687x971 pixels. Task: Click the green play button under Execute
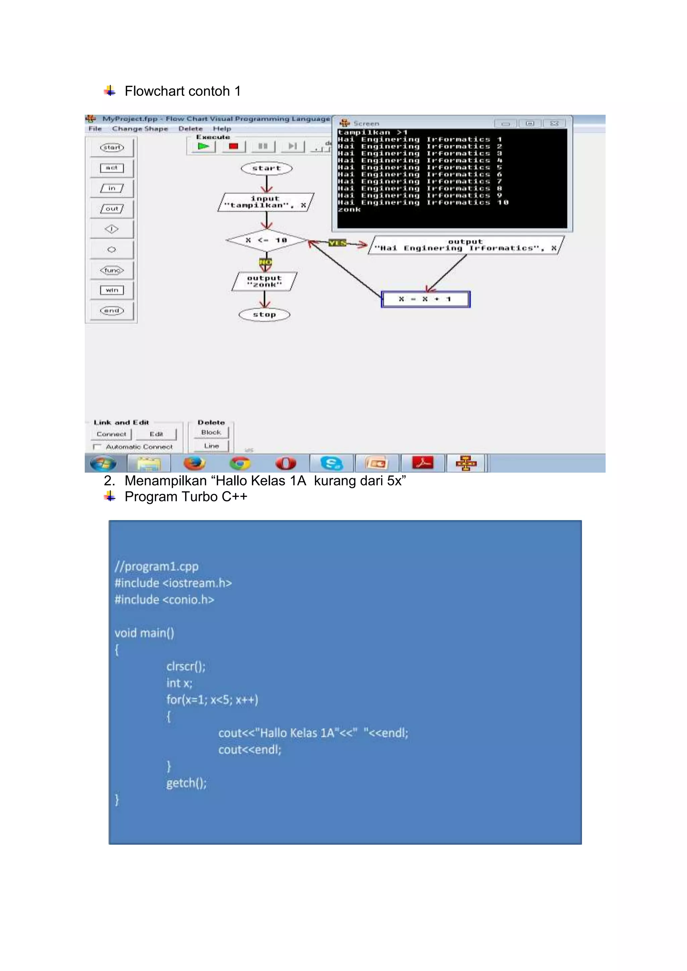pos(204,146)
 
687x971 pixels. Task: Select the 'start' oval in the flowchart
pos(266,168)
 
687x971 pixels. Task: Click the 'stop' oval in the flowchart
pos(264,315)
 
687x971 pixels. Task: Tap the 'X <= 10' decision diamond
pos(266,240)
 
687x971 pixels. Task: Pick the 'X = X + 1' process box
pos(426,299)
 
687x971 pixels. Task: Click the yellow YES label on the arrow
pos(337,243)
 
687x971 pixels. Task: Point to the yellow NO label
pos(265,262)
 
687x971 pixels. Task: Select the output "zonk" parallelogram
pos(264,282)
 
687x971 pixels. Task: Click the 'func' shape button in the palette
pos(112,270)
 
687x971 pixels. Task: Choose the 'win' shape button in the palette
pos(112,290)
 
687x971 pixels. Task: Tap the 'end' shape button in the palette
pos(112,311)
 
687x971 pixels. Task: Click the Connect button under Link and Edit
pos(111,434)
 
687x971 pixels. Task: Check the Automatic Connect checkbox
pos(97,447)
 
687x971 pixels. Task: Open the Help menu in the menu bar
pos(222,128)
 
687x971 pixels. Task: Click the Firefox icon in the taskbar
pos(194,463)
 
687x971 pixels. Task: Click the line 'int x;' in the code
pos(179,683)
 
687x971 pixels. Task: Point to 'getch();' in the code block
pos(186,783)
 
